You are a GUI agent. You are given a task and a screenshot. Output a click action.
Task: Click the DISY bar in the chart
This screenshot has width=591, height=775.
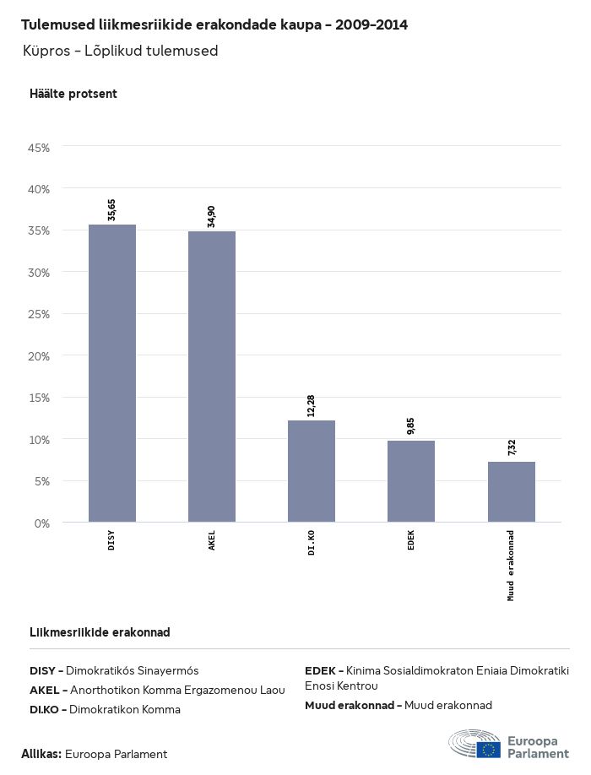112,373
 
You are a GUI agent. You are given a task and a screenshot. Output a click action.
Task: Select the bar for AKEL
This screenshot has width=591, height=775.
212,377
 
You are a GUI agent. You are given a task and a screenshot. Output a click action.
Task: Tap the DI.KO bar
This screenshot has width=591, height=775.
312,471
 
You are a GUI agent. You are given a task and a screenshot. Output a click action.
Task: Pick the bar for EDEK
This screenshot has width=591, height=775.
411,481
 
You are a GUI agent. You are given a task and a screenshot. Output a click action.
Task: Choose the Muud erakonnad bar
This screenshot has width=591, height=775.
511,491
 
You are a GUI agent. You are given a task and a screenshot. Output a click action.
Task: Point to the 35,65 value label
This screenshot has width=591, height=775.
111,209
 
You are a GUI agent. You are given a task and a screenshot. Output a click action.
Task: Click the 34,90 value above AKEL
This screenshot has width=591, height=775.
211,216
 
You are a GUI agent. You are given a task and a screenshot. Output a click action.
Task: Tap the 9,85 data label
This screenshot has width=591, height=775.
410,425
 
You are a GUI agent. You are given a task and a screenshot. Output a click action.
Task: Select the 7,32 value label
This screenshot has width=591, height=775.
511,447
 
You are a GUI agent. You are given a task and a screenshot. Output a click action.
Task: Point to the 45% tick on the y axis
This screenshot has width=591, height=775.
40,148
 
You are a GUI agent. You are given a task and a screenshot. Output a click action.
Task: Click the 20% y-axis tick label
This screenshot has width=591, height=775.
40,356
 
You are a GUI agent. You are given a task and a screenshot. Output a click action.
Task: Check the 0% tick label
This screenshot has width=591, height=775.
42,523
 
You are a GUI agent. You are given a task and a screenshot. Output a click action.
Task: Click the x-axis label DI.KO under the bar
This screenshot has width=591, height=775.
312,542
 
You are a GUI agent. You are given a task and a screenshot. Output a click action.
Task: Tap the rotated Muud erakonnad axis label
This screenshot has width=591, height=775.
511,565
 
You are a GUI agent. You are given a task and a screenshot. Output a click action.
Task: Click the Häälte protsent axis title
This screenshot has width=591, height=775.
73,94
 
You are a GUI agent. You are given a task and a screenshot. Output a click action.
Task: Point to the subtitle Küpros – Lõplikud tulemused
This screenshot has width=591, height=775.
121,51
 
